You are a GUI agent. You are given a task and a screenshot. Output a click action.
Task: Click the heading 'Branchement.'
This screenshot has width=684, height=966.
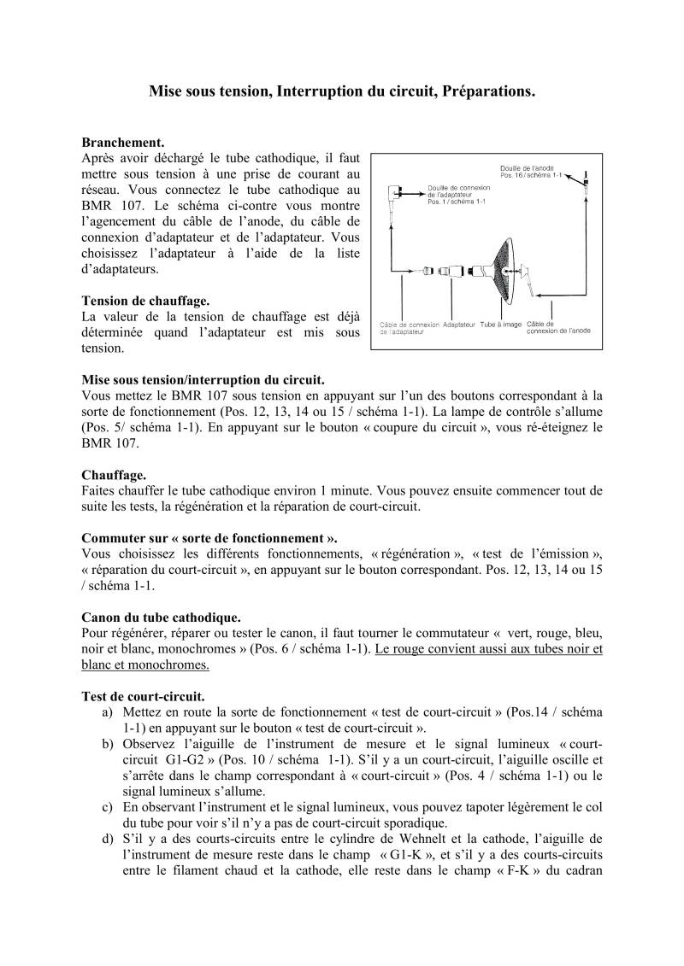[x=122, y=143]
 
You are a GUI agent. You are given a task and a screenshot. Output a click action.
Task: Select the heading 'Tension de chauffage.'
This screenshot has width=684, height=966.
[x=145, y=301]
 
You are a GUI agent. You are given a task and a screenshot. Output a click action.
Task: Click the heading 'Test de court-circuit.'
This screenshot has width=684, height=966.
[x=143, y=696]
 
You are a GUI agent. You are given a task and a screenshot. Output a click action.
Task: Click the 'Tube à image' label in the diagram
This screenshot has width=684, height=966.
[x=501, y=325]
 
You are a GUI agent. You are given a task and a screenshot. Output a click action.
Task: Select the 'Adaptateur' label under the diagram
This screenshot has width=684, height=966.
[x=459, y=325]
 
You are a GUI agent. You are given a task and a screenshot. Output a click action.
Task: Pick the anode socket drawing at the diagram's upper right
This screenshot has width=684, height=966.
[x=586, y=184]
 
